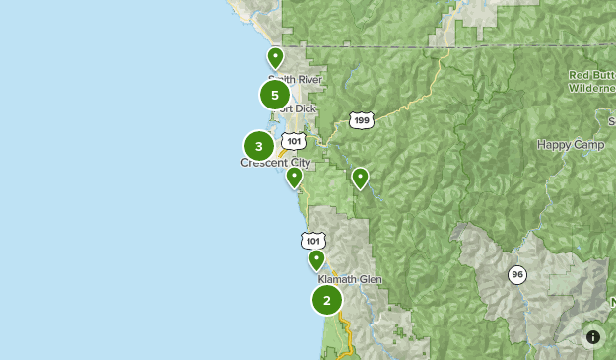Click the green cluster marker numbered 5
click(275, 95)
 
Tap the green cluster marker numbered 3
click(259, 147)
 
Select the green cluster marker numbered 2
click(327, 300)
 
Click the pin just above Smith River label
click(276, 57)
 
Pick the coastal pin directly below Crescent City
click(294, 178)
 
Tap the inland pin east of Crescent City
click(360, 178)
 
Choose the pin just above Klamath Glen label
click(316, 259)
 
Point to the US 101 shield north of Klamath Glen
click(313, 241)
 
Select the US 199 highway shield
click(362, 120)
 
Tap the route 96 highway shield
click(517, 274)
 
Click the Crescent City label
click(276, 163)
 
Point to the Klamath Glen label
click(350, 280)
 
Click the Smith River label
click(295, 79)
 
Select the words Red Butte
click(591, 75)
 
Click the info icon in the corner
click(593, 336)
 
